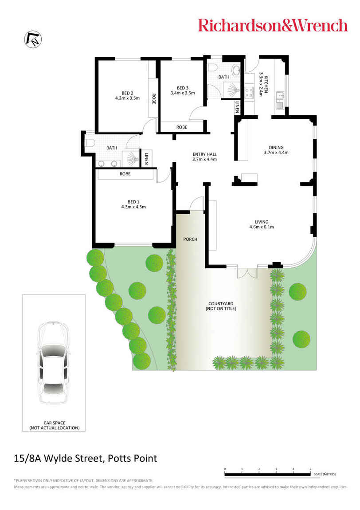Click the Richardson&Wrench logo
(x=273, y=25)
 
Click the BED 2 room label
(x=127, y=95)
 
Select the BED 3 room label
(x=182, y=90)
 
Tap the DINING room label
(x=276, y=150)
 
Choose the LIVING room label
(x=262, y=224)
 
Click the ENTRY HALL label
(x=204, y=157)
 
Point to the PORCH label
(x=190, y=239)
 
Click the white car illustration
(x=53, y=362)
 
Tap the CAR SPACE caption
(x=54, y=425)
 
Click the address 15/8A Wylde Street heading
(x=86, y=458)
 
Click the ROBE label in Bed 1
(x=125, y=174)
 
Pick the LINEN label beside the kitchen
(x=238, y=107)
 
